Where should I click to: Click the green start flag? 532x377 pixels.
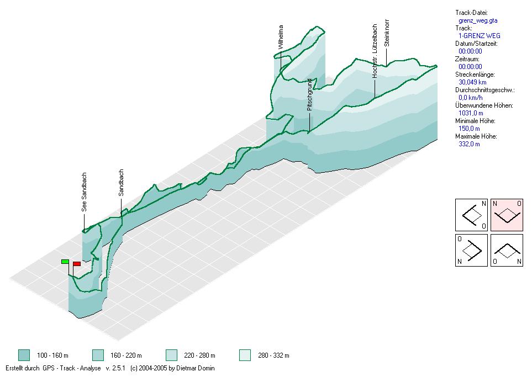65,261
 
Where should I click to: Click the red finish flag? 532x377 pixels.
77,264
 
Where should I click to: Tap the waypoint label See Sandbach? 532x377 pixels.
85,192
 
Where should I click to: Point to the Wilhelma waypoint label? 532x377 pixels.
281,37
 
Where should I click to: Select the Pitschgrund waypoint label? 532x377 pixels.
310,94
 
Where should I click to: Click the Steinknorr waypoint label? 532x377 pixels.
387,34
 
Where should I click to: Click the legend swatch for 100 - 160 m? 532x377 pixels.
23,355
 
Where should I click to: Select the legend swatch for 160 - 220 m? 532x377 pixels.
98,355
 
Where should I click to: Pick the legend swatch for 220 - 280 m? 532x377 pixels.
171,355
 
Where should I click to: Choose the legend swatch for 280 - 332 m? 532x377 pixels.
245,355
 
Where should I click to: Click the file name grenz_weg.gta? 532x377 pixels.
478,20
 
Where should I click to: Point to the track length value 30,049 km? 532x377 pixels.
472,82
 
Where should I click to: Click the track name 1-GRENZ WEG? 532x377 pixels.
480,36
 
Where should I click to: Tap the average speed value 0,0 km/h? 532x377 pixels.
471,98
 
